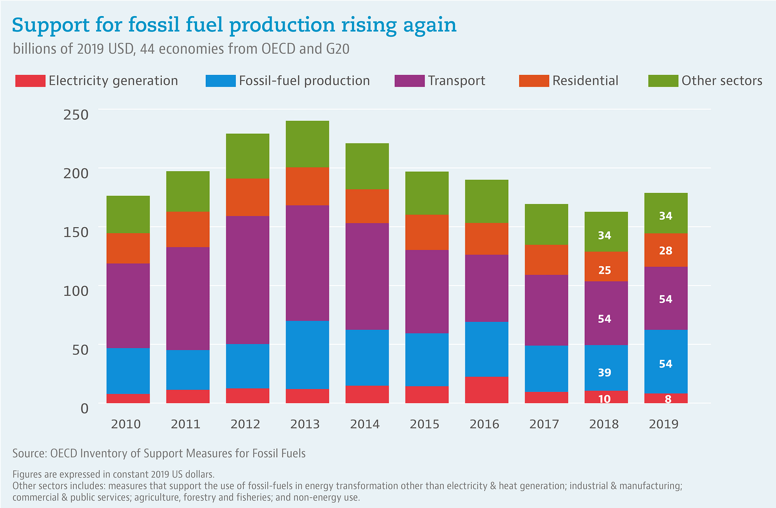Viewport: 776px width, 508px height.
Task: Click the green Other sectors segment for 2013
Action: tap(307, 144)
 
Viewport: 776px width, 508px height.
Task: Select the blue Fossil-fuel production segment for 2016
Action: tap(487, 349)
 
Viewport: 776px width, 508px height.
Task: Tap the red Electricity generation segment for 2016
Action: tap(487, 390)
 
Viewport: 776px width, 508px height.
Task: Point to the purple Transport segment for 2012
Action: tap(248, 280)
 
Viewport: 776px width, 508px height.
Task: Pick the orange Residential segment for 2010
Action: tap(128, 248)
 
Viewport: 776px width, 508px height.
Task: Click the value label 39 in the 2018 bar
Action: tap(604, 373)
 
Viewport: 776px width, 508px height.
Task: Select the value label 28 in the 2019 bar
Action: tap(665, 251)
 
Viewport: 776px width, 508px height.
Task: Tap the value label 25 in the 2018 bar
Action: tap(604, 270)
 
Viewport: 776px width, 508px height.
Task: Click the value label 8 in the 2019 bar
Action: tap(668, 399)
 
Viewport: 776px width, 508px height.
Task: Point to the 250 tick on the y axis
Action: tap(76, 114)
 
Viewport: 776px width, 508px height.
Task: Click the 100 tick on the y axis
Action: tap(76, 290)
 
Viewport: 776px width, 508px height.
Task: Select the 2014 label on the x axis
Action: tap(365, 424)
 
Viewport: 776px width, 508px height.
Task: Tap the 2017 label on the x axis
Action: tap(544, 424)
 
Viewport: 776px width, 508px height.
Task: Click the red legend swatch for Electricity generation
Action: tap(30, 81)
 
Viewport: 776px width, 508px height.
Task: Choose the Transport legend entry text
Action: tap(456, 81)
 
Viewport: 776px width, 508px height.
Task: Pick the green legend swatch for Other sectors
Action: tap(663, 81)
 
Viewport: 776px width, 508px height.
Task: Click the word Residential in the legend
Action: tap(585, 81)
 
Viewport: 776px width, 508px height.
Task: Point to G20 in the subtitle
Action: tap(337, 49)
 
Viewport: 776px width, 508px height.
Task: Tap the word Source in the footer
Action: tap(29, 453)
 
